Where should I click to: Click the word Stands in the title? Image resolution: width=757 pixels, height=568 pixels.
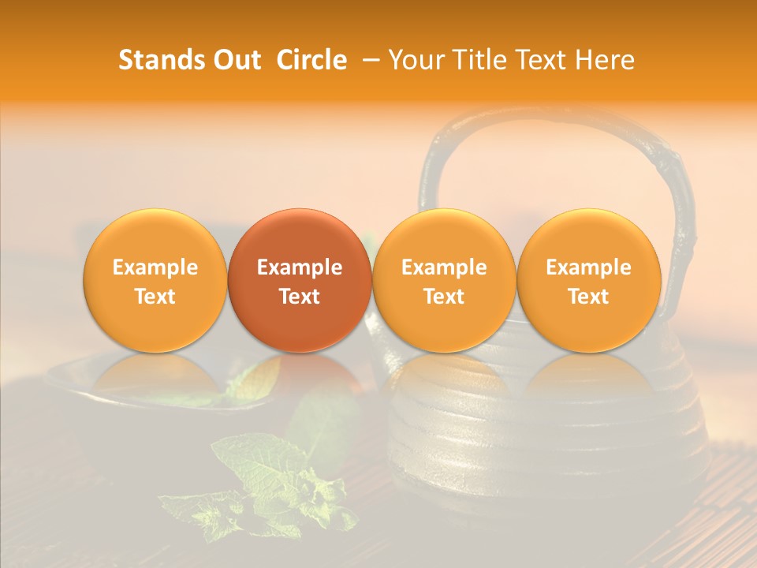coord(161,60)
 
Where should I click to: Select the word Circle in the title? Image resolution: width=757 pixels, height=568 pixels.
coord(311,60)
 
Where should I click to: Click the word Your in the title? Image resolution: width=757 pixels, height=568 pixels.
coord(416,60)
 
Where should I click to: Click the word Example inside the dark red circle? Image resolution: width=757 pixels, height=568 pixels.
coord(300,267)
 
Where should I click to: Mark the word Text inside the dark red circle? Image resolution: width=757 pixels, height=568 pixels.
coord(300,297)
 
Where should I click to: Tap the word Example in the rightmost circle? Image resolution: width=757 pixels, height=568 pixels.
coord(589,267)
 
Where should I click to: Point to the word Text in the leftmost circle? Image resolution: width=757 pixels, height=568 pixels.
coord(155,297)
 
